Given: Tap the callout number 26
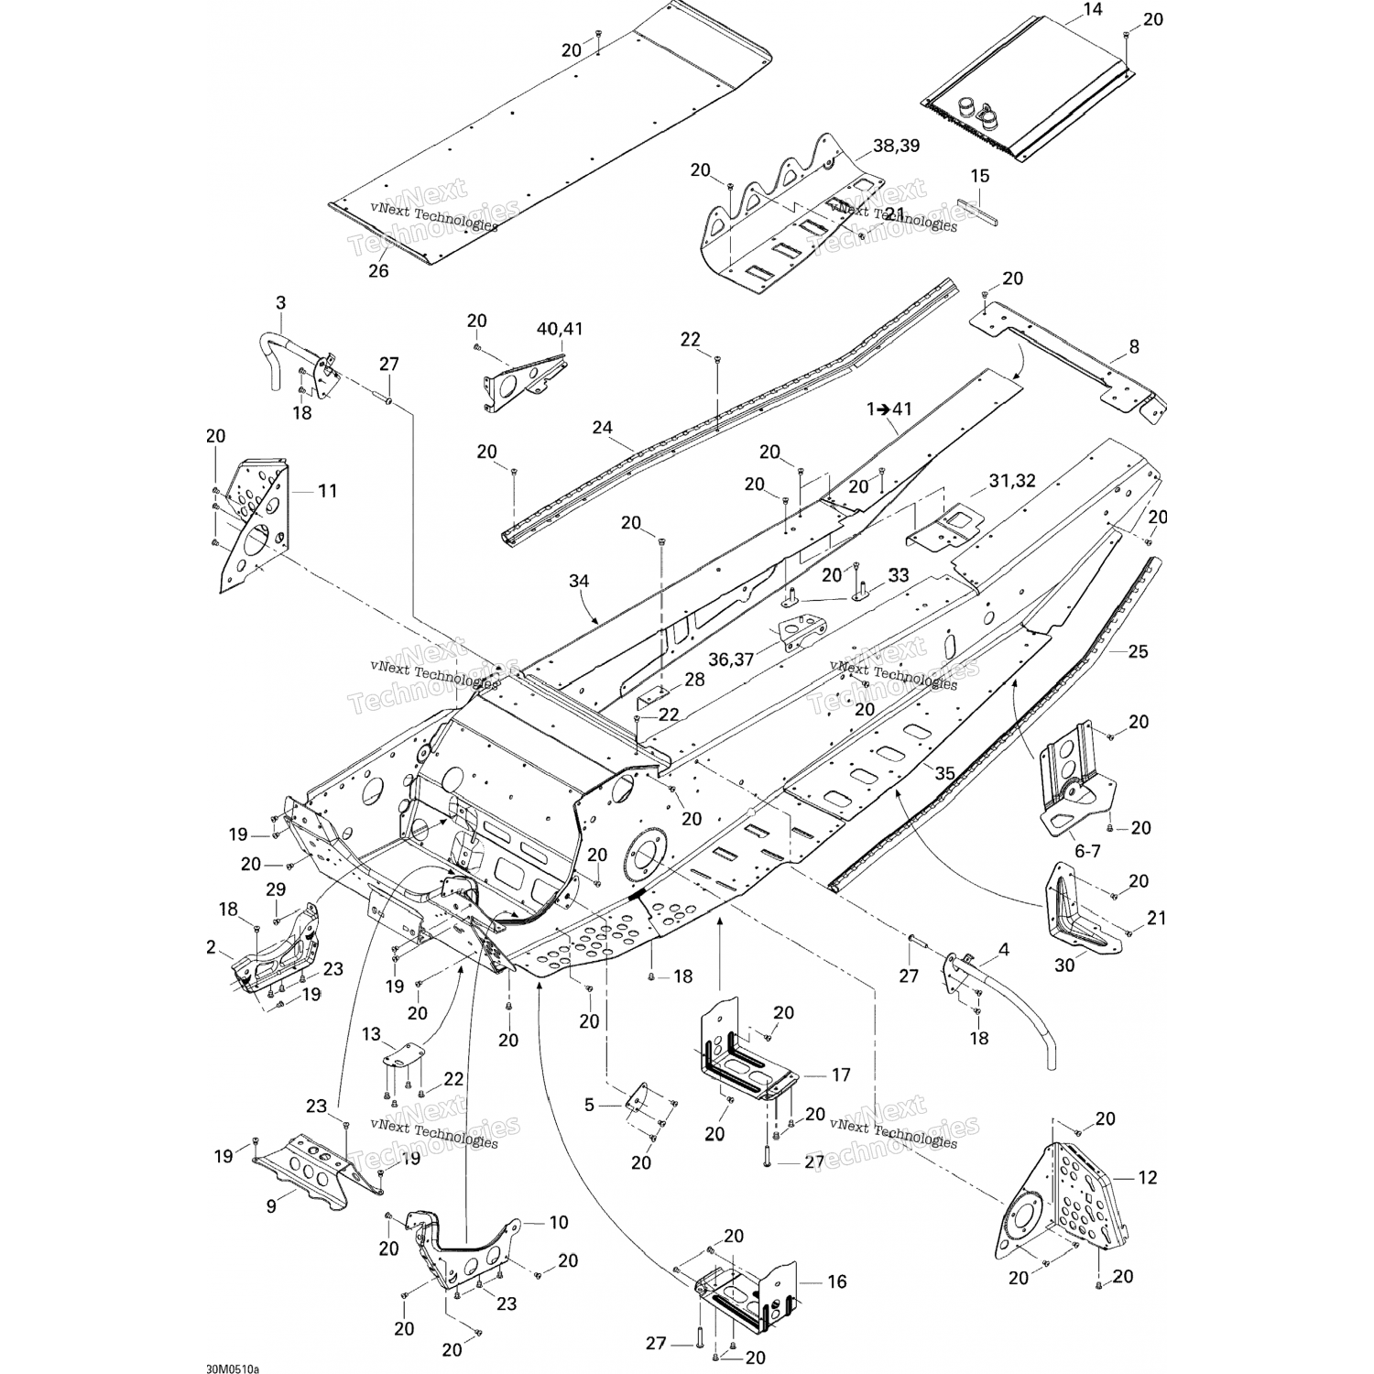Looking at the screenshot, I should tap(377, 270).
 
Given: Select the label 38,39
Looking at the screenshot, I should tap(896, 146).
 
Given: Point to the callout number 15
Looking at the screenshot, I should tap(979, 176).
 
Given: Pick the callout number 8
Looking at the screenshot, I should tap(1134, 346).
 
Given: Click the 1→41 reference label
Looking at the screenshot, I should tap(889, 409).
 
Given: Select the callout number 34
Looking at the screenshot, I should tap(579, 581).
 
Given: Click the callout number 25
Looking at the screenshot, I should tap(1138, 652).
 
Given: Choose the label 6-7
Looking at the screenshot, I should tap(1087, 851).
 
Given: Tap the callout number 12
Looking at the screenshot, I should tap(1147, 1178).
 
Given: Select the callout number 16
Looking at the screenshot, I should tap(836, 1282).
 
